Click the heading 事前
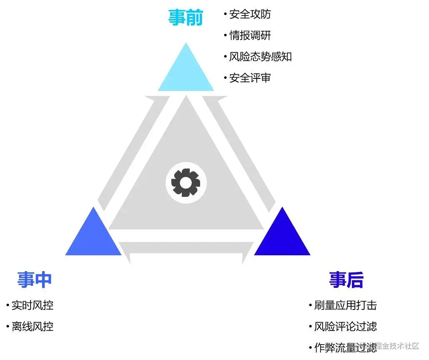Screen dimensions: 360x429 click(186, 18)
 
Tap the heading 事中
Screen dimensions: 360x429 click(34, 279)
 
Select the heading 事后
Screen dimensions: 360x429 click(346, 279)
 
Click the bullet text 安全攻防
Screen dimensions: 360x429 click(250, 14)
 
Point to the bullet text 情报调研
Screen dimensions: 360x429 click(250, 35)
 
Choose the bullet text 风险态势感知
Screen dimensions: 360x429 click(260, 57)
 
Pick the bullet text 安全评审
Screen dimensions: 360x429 click(250, 78)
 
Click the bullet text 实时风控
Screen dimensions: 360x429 click(33, 305)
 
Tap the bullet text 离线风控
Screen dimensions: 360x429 click(33, 326)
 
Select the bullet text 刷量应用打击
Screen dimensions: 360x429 click(345, 305)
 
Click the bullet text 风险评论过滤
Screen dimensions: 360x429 click(345, 326)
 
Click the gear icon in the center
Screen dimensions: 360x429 click(186, 182)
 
